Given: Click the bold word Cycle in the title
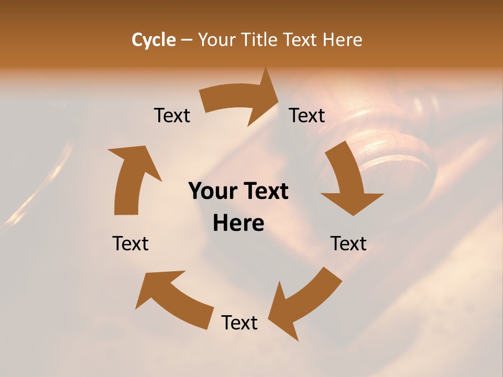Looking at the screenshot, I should [154, 40].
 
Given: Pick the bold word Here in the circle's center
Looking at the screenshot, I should [238, 224].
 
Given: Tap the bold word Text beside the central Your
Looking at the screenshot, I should [263, 192].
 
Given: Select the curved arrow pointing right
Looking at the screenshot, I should [241, 99].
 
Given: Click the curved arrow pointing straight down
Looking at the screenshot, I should [348, 178].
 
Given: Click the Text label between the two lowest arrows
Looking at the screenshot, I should [239, 323].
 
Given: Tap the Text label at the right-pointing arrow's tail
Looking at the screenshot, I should [172, 115].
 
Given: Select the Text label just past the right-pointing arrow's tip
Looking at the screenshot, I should [307, 115].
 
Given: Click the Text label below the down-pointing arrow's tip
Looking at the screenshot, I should [348, 243].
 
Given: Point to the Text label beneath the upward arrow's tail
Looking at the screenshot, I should [130, 243].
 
